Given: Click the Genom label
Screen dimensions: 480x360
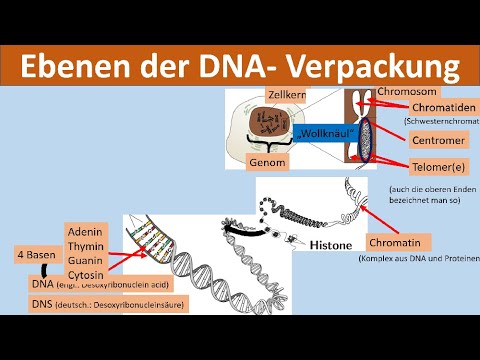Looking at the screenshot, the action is point(268,162).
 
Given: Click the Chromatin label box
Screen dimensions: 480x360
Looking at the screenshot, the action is point(398,242).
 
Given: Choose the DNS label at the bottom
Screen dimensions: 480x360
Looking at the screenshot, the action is point(33,303).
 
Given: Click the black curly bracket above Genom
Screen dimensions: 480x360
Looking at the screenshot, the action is point(268,146).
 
